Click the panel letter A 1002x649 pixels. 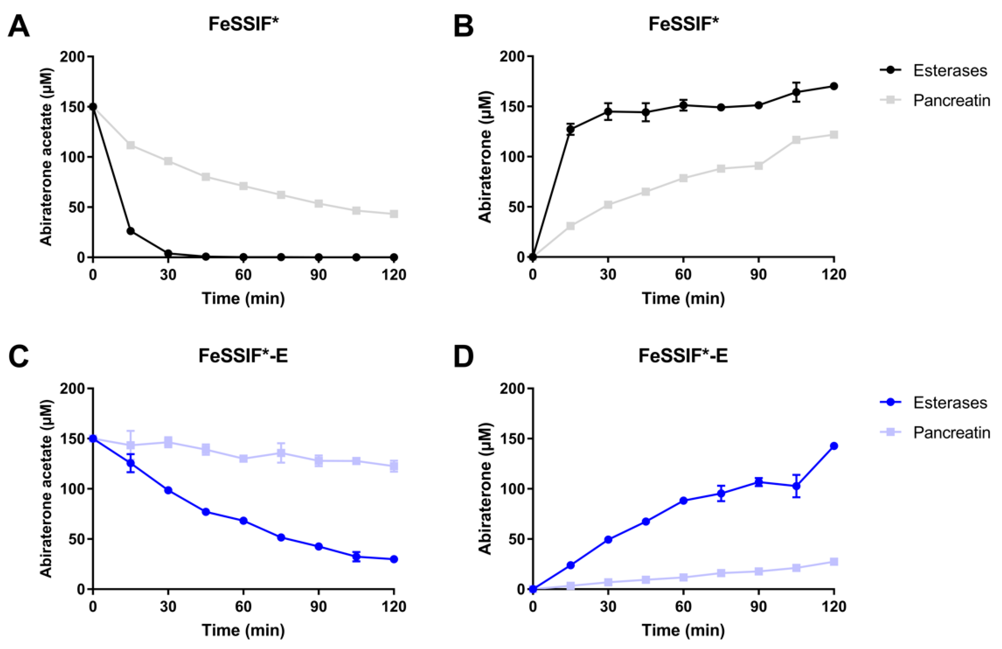coord(19,26)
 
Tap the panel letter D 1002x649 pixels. coord(463,356)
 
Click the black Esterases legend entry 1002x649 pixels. coord(933,70)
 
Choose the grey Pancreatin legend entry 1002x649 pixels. coord(935,101)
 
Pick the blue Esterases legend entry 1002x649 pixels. coord(933,403)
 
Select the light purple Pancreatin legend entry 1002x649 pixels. coord(935,432)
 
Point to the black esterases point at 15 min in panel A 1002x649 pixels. coord(131,231)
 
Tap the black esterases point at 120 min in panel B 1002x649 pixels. coord(834,86)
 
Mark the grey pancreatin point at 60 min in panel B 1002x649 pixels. coord(683,178)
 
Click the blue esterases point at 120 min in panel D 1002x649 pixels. coord(834,446)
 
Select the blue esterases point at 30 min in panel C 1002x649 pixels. coord(168,490)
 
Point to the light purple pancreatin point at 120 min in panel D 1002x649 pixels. coord(834,562)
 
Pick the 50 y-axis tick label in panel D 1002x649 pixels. coord(517,539)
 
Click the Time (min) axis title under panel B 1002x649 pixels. coord(683,299)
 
